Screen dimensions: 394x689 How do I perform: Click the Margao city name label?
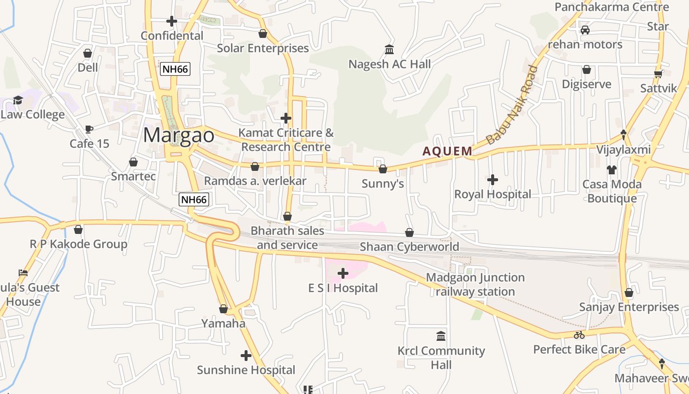pyautogui.click(x=179, y=135)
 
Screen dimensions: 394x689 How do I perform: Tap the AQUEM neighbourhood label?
pyautogui.click(x=447, y=151)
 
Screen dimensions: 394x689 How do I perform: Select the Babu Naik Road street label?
pyautogui.click(x=512, y=105)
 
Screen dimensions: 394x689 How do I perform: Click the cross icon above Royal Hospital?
pyautogui.click(x=492, y=180)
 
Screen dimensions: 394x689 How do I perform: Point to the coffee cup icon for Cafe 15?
pyautogui.click(x=89, y=129)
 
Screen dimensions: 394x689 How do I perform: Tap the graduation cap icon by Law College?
pyautogui.click(x=18, y=100)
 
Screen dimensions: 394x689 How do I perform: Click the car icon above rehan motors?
pyautogui.click(x=585, y=30)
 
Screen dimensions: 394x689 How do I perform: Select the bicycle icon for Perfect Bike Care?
pyautogui.click(x=579, y=335)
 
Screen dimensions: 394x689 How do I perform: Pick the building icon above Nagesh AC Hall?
pyautogui.click(x=389, y=50)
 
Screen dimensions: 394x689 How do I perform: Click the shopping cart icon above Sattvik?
pyautogui.click(x=658, y=74)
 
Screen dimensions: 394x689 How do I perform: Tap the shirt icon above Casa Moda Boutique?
pyautogui.click(x=611, y=170)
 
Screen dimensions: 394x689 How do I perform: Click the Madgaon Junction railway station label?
pyautogui.click(x=475, y=285)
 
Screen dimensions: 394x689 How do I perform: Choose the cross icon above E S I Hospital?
pyautogui.click(x=343, y=273)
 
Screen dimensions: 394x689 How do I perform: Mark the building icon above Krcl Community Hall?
pyautogui.click(x=441, y=336)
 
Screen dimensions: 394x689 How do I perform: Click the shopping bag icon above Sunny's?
pyautogui.click(x=382, y=169)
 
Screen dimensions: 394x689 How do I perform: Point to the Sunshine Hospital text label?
pyautogui.click(x=246, y=370)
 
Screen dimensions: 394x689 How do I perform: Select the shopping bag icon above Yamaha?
pyautogui.click(x=223, y=309)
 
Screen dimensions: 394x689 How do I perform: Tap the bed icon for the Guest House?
pyautogui.click(x=23, y=273)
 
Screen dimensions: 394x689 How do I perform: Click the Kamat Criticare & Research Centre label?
pyautogui.click(x=286, y=140)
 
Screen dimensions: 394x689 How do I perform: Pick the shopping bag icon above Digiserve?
pyautogui.click(x=586, y=70)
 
